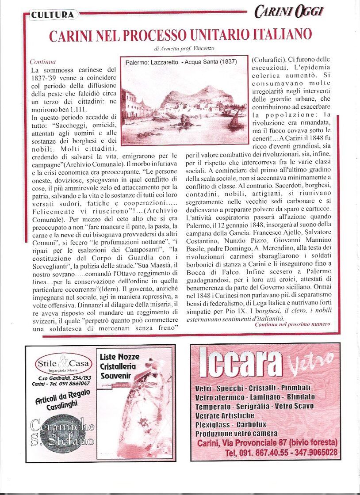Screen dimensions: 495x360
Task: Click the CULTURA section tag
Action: (x=53, y=15)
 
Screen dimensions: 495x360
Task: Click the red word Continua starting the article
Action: (x=42, y=62)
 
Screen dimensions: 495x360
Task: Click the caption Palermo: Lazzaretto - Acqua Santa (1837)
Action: (x=180, y=63)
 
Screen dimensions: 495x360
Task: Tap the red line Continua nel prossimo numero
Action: (x=292, y=324)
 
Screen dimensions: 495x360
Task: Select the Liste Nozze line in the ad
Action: (x=119, y=357)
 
